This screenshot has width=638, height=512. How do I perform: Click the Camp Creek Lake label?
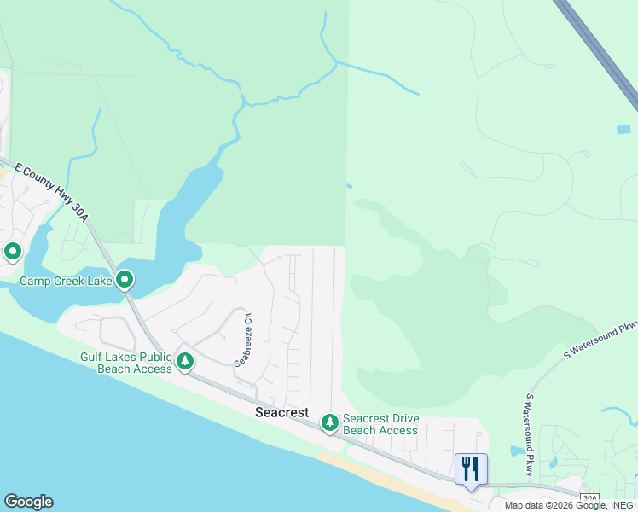coord(66,280)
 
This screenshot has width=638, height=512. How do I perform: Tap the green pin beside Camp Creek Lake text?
coord(125,279)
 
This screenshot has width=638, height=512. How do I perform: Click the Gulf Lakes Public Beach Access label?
coord(126,363)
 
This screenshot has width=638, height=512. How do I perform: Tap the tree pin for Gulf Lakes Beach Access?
coord(185,362)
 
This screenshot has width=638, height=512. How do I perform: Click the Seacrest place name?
coord(281,412)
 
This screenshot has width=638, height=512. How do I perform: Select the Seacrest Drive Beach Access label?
coord(380,425)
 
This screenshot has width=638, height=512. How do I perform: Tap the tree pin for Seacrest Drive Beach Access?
coord(329,422)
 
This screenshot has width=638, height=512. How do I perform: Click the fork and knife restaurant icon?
coord(471,468)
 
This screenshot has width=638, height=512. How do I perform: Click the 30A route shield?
coord(589,497)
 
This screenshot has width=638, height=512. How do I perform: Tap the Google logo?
coord(28,502)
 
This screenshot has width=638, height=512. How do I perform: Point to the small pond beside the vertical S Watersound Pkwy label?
coord(517,451)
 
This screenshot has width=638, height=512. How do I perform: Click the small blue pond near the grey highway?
coord(623,130)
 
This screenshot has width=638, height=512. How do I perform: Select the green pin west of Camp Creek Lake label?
coord(13,252)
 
